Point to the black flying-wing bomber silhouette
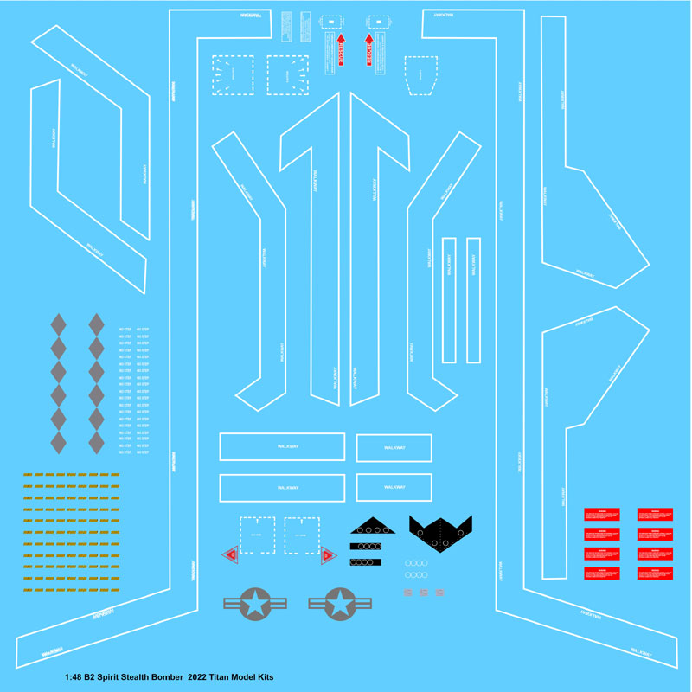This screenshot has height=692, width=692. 440,532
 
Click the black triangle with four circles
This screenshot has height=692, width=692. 372,526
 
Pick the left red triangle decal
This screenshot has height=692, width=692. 231,556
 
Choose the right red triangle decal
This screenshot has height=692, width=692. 329,556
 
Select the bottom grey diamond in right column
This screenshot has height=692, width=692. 95,442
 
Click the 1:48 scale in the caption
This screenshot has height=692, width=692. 76,676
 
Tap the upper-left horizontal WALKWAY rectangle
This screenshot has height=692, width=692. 282,446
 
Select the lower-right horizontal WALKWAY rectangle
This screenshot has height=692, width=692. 394,487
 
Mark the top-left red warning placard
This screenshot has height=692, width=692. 602,514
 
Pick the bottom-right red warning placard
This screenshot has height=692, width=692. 655,573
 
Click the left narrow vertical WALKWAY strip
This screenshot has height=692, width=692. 449,300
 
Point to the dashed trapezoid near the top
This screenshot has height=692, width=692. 421,75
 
